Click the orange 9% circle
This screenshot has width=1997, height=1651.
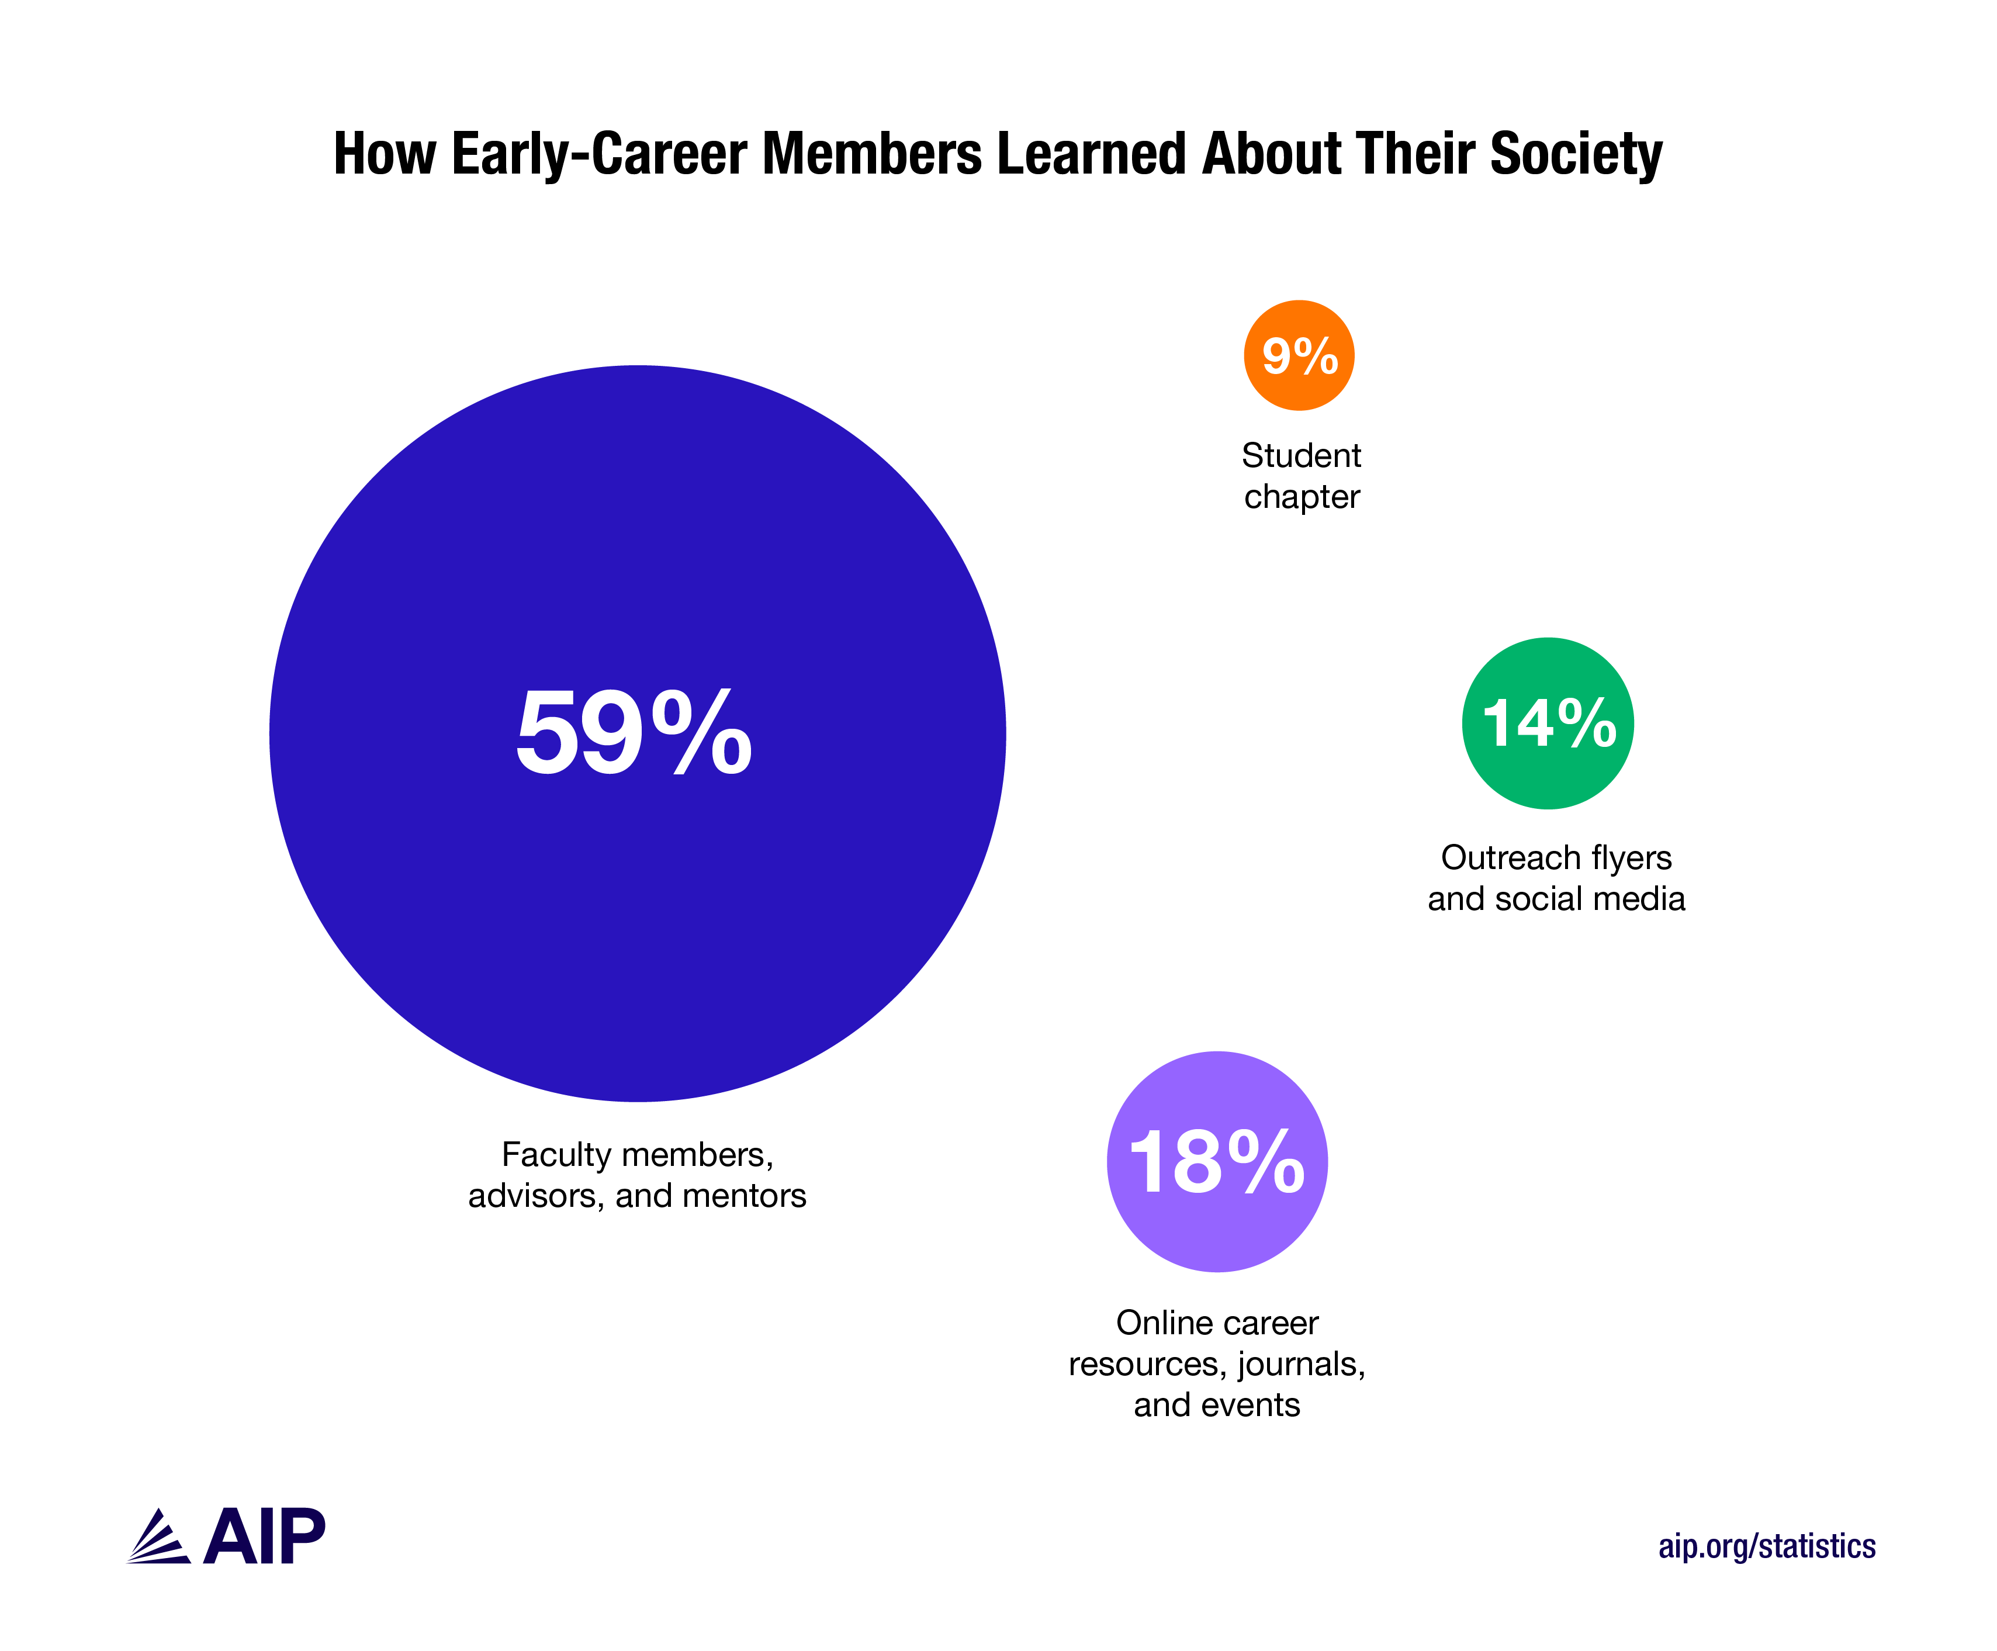coord(1299,356)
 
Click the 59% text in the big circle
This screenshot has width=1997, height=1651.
coord(634,732)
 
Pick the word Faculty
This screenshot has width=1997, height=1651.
coord(556,1155)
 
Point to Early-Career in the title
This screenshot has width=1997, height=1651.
coord(599,154)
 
